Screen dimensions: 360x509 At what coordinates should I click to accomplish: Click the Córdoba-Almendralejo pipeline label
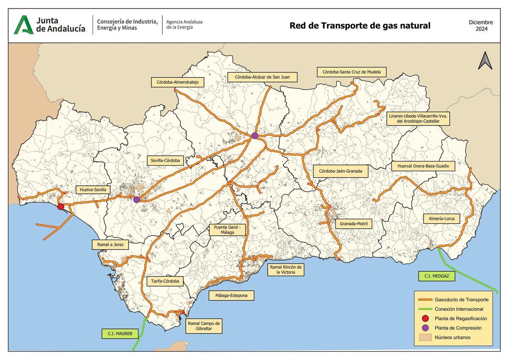click(174, 82)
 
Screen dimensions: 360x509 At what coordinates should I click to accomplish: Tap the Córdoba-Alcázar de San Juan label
click(262, 77)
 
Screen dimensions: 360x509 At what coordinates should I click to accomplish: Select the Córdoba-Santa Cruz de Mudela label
click(352, 72)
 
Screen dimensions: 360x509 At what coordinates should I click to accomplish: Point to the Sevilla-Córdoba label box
click(165, 161)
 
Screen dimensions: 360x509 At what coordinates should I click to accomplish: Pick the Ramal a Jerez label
click(110, 245)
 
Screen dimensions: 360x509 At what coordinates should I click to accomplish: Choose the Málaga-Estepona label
click(231, 296)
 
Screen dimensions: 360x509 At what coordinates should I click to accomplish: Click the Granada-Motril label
click(353, 223)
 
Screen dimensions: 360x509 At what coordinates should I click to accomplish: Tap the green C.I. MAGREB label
click(120, 334)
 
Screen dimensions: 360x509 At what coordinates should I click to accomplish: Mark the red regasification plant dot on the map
click(61, 207)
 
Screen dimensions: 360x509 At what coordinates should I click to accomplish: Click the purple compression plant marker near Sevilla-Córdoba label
click(136, 199)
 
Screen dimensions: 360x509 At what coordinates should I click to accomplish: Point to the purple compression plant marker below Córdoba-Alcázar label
click(255, 136)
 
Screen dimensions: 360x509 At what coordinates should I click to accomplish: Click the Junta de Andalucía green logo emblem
click(23, 25)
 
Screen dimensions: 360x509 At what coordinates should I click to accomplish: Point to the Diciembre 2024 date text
click(481, 25)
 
